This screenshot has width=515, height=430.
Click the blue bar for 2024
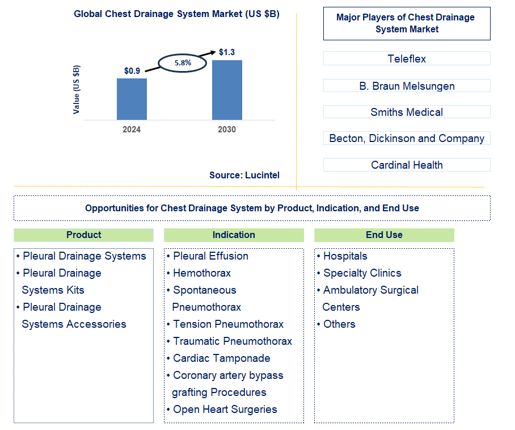(132, 99)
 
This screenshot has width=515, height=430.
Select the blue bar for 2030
(227, 90)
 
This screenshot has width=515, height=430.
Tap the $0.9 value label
(132, 71)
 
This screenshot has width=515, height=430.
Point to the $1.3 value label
(227, 52)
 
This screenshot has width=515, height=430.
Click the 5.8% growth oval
(183, 63)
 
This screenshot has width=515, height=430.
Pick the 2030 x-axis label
(227, 130)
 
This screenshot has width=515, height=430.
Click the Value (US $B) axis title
(77, 90)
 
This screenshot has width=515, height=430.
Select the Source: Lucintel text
(244, 176)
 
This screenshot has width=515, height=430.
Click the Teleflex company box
(407, 59)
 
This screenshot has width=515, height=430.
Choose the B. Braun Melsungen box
(407, 86)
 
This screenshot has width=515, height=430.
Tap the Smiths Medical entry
(407, 112)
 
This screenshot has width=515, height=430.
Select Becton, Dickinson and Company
(407, 138)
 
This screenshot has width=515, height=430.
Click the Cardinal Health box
(407, 165)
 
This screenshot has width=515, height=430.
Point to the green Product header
(83, 235)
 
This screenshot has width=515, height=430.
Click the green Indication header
(234, 235)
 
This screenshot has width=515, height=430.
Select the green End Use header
(384, 235)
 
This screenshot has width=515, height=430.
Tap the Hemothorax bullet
(201, 273)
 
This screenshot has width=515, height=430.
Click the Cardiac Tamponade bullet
(221, 358)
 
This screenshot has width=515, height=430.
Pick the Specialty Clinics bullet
(362, 273)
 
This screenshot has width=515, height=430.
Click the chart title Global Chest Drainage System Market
(176, 14)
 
